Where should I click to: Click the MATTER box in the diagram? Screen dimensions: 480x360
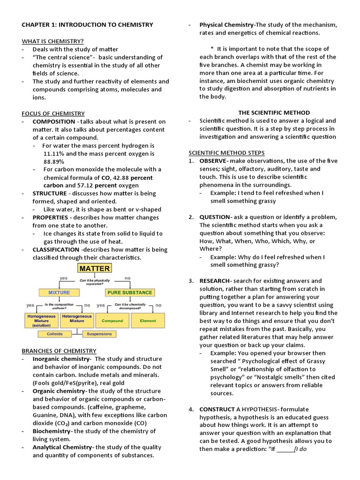(95, 269)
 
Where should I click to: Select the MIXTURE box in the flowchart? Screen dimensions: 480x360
(59, 292)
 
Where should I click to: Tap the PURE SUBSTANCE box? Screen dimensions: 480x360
(129, 292)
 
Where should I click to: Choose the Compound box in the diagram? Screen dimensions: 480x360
(112, 321)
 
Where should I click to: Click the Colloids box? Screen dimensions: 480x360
(54, 334)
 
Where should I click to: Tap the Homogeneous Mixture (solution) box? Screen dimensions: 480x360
(40, 320)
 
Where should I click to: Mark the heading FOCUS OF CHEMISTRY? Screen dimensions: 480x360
(53, 113)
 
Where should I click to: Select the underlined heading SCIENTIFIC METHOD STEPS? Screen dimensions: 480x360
(226, 153)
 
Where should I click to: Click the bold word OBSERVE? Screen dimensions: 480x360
(213, 161)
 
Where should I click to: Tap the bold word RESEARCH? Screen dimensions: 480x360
(214, 281)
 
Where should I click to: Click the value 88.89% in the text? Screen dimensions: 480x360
(53, 161)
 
